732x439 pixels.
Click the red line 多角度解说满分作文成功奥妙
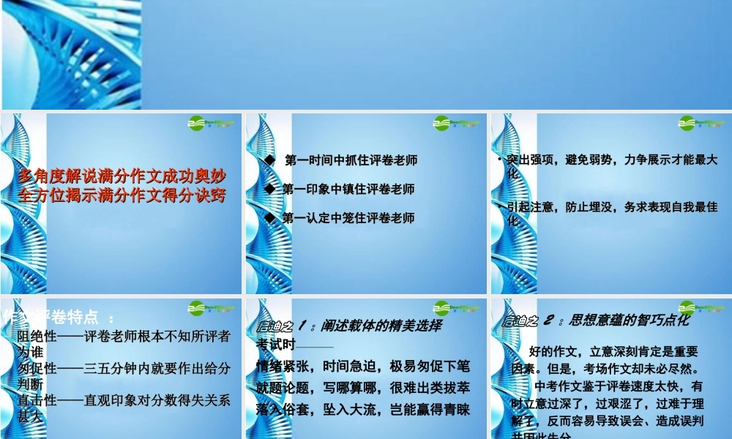tap(122, 176)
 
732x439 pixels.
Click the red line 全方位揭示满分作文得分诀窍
tap(122, 195)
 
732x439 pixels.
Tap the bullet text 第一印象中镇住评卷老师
tap(348, 189)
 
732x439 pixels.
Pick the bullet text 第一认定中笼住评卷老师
tap(348, 218)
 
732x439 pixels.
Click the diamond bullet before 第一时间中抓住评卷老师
tap(269, 160)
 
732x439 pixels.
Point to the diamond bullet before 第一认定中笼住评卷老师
tap(269, 218)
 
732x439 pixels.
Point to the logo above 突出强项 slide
tap(702, 123)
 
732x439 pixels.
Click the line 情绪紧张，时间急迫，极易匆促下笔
tap(363, 364)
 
